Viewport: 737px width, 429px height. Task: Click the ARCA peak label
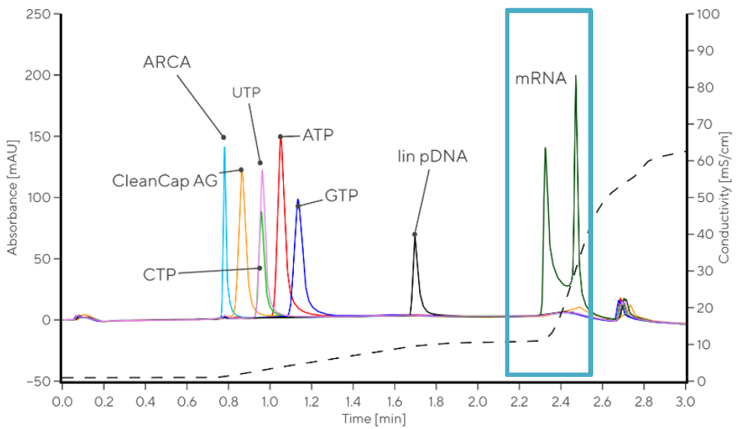pyautogui.click(x=167, y=62)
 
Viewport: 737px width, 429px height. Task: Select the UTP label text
pyautogui.click(x=246, y=92)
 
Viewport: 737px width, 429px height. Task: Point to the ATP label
pyautogui.click(x=318, y=135)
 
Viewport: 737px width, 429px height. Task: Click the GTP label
pyautogui.click(x=342, y=195)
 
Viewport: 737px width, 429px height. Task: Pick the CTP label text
pyautogui.click(x=160, y=274)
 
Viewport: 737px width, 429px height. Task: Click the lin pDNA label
pyautogui.click(x=431, y=156)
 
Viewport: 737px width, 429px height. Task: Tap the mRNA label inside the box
pyautogui.click(x=541, y=78)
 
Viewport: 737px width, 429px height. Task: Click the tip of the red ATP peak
pyautogui.click(x=281, y=138)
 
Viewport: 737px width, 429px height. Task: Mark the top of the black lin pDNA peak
pyautogui.click(x=415, y=235)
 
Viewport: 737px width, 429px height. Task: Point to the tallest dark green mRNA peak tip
pyautogui.click(x=575, y=76)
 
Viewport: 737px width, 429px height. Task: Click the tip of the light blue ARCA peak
pyautogui.click(x=225, y=147)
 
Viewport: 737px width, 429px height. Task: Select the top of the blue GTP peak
pyautogui.click(x=297, y=200)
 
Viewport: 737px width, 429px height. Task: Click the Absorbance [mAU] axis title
pyautogui.click(x=12, y=197)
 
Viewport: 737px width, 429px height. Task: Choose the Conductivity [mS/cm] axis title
pyautogui.click(x=724, y=197)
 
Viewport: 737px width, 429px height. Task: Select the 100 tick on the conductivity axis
pyautogui.click(x=706, y=14)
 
